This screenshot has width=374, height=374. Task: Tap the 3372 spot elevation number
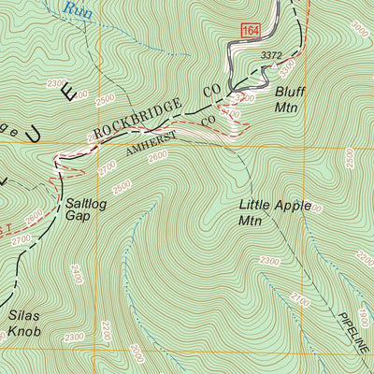click(270, 56)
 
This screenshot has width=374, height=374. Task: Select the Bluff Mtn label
click(289, 99)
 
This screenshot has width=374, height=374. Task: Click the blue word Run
click(79, 10)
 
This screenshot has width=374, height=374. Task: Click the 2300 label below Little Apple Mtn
click(270, 260)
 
